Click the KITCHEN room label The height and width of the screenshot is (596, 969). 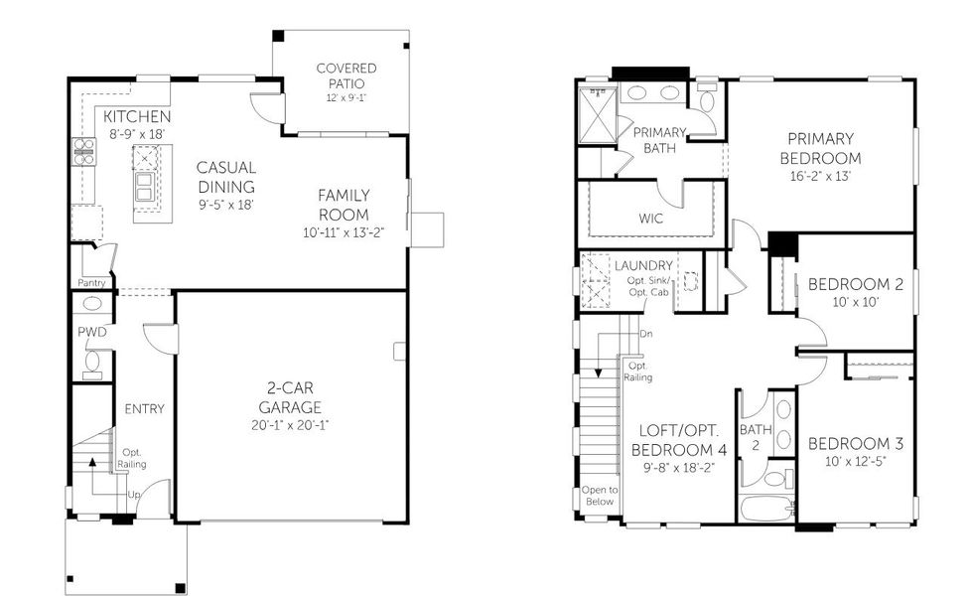pos(130,116)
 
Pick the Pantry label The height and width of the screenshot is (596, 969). pos(91,283)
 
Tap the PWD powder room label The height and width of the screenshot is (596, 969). pos(92,332)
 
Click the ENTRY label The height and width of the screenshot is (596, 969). pos(144,409)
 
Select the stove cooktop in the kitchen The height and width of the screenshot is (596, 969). pos(83,150)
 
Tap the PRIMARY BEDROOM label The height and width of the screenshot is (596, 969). pos(820,148)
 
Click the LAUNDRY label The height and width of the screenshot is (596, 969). pos(643,266)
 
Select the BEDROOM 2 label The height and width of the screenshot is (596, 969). pos(855,284)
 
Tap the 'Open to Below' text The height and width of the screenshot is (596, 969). pos(599,496)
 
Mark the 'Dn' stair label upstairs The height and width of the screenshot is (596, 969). pos(646,334)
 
